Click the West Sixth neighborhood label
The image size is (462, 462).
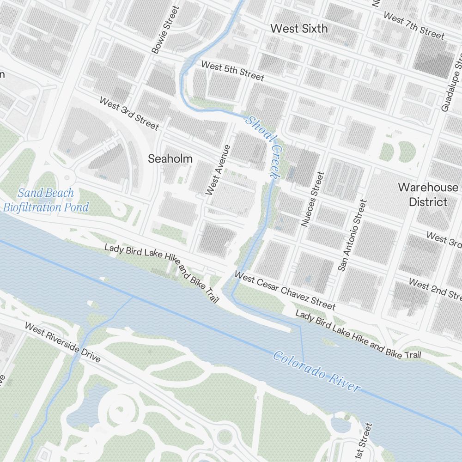coord(299,29)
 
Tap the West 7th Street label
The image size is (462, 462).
coord(413,26)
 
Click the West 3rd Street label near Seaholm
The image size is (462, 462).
coord(129,114)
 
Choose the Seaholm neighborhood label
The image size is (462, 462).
coord(170,158)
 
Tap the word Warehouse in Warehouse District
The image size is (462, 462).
coord(428,188)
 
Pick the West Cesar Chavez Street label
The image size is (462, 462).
coord(285,291)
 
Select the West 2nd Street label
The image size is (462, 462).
coord(434,289)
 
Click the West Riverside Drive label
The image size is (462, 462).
coord(62,342)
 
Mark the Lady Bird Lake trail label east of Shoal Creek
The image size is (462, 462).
coord(358,335)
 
